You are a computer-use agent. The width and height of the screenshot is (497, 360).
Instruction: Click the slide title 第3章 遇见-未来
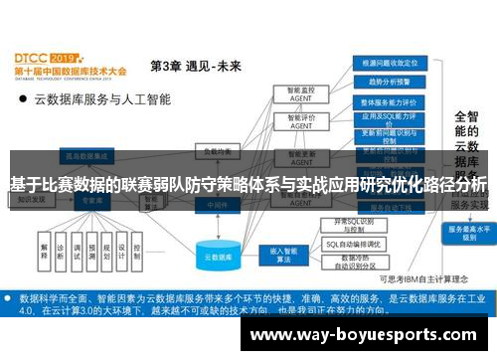click(195, 66)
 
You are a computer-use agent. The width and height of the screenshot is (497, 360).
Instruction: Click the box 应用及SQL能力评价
click(389, 120)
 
